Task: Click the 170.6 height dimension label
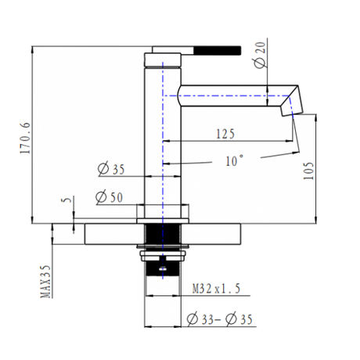[x=26, y=138]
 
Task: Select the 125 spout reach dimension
[x=225, y=134]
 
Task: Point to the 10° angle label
[x=235, y=160]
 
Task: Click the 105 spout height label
[x=308, y=171]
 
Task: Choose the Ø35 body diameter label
[x=111, y=169]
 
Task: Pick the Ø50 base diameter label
[x=109, y=197]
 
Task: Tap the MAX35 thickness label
[x=45, y=282]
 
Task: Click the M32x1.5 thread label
[x=216, y=289]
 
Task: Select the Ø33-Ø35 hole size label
[x=220, y=319]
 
